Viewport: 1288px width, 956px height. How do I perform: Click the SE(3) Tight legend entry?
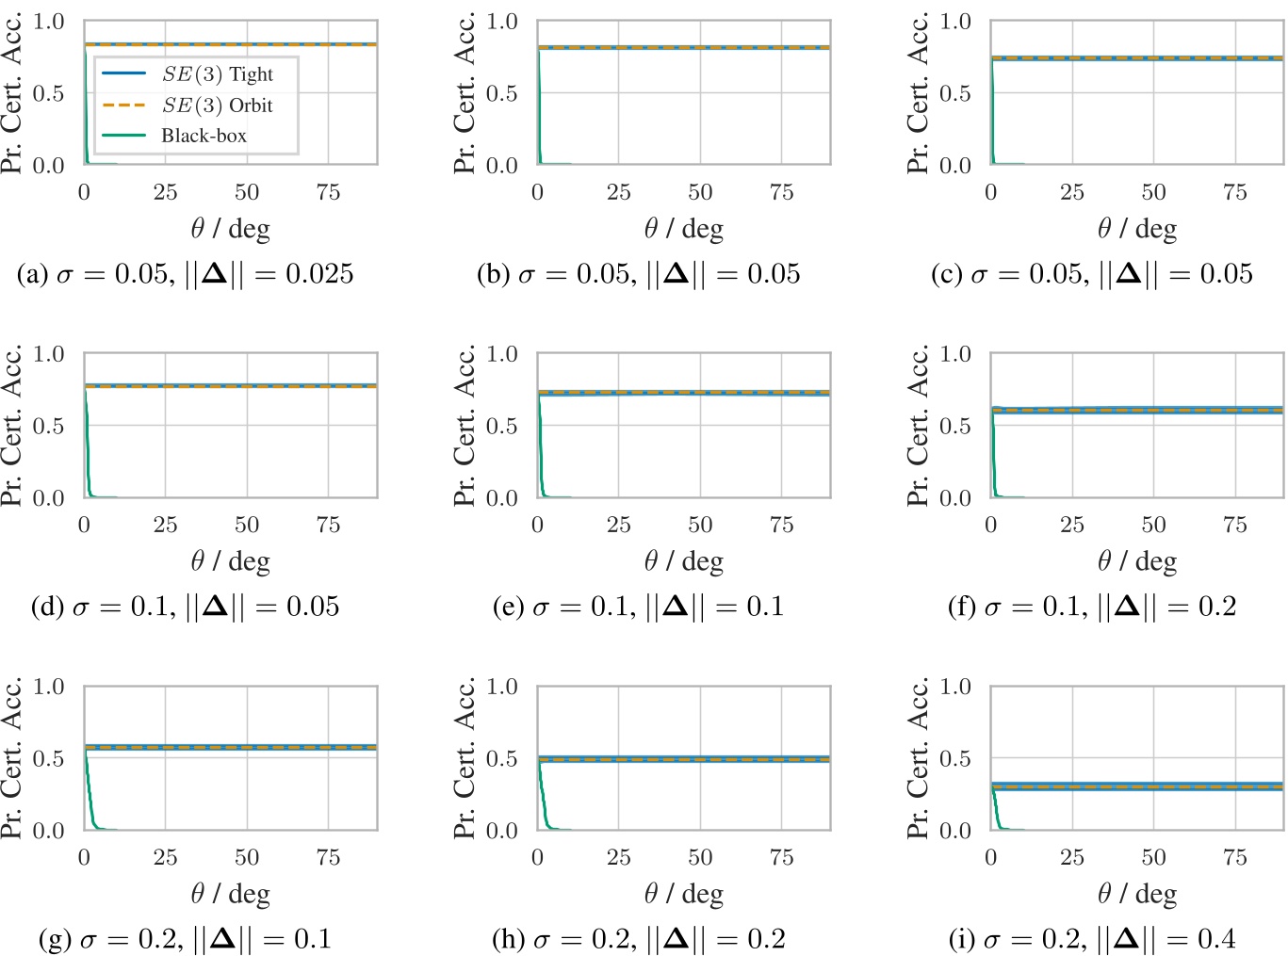(216, 74)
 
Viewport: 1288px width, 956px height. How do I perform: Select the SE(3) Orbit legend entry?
(216, 105)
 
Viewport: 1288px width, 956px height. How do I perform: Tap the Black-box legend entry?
(204, 136)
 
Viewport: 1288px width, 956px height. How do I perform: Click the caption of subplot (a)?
(186, 274)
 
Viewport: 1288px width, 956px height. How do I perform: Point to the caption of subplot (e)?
(638, 607)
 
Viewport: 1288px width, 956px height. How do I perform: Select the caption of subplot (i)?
(1092, 939)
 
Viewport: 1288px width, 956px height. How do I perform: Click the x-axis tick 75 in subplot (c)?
(1234, 192)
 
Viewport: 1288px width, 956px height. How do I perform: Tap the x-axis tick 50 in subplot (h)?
(700, 857)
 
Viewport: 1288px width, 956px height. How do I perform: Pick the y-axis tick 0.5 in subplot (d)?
(48, 426)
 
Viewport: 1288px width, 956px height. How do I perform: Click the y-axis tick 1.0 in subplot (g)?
(48, 687)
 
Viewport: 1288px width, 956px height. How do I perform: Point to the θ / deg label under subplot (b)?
(684, 229)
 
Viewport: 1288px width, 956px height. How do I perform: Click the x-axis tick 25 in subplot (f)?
(1072, 525)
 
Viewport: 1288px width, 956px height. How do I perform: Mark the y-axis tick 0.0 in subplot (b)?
(501, 166)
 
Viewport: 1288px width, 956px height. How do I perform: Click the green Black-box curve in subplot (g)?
(90, 801)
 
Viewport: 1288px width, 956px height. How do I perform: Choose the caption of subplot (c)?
(1092, 274)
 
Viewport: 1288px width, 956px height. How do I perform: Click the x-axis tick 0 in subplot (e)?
(537, 525)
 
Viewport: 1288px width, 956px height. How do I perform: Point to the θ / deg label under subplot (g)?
(231, 894)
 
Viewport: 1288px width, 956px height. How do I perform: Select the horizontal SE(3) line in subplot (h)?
(683, 758)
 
